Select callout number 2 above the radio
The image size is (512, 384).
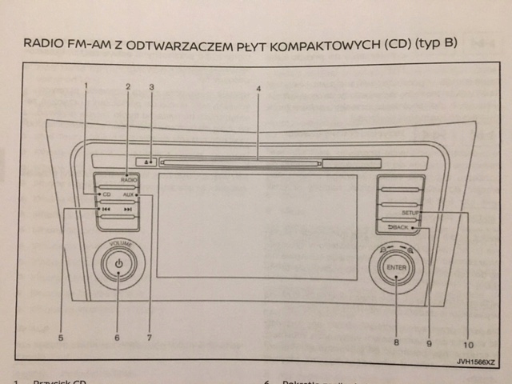click(x=127, y=85)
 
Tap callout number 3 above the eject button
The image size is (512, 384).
click(x=150, y=85)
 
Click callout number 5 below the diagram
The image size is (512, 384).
click(x=60, y=338)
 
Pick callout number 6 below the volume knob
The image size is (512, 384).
click(x=117, y=338)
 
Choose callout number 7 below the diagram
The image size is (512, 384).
click(x=150, y=338)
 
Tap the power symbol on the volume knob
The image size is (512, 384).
click(x=118, y=263)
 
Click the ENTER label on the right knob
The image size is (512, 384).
click(x=396, y=267)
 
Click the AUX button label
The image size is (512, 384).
click(x=129, y=194)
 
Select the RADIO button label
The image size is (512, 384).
click(x=130, y=180)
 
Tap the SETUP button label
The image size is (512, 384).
click(x=410, y=213)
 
